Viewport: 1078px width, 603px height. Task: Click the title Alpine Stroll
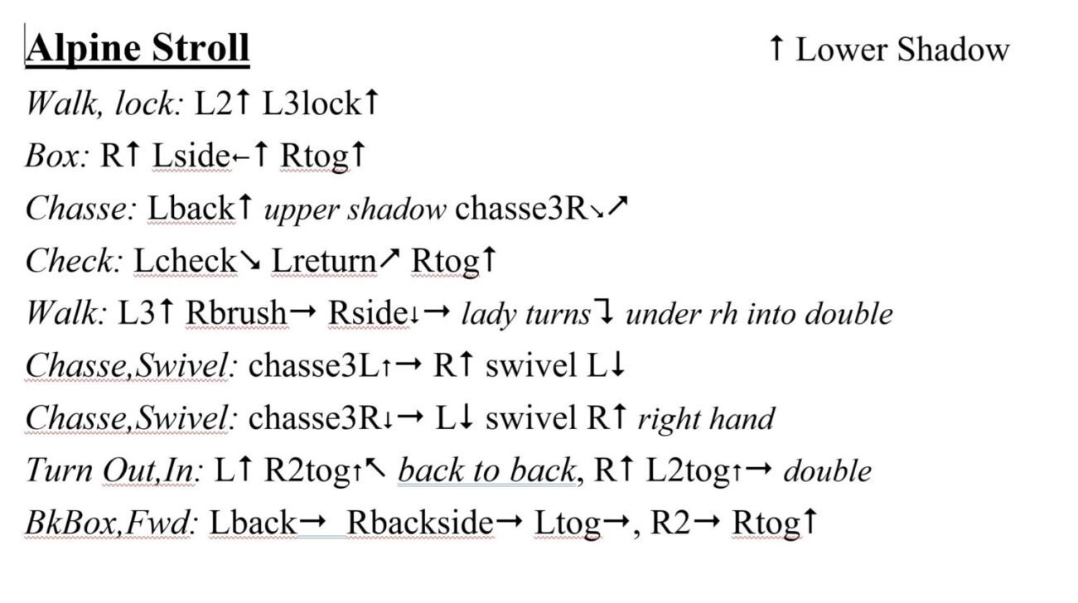pyautogui.click(x=138, y=48)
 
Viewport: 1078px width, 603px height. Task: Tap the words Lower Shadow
pyautogui.click(x=903, y=50)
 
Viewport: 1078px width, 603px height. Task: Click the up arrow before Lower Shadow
pyautogui.click(x=776, y=48)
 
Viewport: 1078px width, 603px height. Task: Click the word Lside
pyautogui.click(x=191, y=156)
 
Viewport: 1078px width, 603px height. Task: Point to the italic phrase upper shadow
pyautogui.click(x=355, y=210)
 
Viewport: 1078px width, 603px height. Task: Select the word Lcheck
pyautogui.click(x=186, y=260)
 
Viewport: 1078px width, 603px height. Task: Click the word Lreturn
pyautogui.click(x=324, y=260)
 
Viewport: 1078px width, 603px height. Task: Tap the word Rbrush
pyautogui.click(x=237, y=313)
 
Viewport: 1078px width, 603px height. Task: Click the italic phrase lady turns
pyautogui.click(x=526, y=315)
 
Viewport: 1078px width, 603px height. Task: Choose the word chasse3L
pyautogui.click(x=315, y=365)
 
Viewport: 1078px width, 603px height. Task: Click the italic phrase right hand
pyautogui.click(x=707, y=419)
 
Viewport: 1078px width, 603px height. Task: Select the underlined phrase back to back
pyautogui.click(x=487, y=470)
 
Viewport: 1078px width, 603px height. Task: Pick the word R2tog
pyautogui.click(x=308, y=471)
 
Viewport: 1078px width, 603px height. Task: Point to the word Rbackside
pyautogui.click(x=420, y=522)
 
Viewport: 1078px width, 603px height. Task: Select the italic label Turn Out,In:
pyautogui.click(x=114, y=470)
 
